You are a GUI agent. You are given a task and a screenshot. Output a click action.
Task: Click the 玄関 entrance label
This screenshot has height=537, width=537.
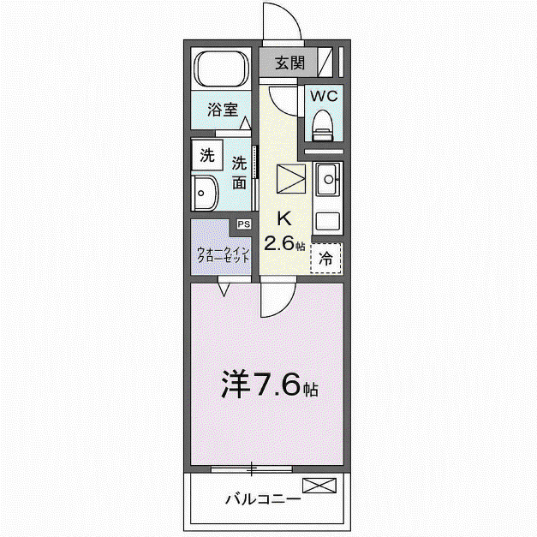coord(289,63)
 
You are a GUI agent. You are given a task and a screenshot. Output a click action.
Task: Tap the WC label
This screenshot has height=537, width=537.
coord(324,96)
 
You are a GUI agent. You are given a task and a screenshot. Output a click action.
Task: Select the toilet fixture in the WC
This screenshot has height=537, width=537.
coord(323,125)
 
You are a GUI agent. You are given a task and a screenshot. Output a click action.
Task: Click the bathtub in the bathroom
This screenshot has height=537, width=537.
coord(221,69)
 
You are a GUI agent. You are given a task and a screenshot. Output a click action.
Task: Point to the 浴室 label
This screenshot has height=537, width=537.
coord(223,110)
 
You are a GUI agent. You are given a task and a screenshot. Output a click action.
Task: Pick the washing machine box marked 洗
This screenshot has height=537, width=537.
coord(207,155)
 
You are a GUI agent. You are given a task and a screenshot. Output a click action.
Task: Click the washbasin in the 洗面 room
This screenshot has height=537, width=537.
coord(205,193)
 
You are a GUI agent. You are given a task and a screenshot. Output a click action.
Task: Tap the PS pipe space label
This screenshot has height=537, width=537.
coord(244,224)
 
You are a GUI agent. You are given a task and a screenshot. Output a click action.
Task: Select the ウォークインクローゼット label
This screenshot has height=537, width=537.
coord(223,255)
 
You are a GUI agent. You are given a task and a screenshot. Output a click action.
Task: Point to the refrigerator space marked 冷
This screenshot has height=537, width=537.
coord(325,258)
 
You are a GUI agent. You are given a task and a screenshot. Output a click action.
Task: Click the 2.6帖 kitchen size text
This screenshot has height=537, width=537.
coord(283,243)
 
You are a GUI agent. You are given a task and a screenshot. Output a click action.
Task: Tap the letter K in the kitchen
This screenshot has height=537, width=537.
coord(283,218)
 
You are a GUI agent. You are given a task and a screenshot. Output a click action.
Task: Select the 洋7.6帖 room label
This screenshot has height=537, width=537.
coord(270,384)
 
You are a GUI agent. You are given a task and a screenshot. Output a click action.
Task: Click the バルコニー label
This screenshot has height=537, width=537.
coord(262,498)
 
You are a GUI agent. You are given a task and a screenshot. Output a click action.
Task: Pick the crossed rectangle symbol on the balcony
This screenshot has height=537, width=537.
coord(319,486)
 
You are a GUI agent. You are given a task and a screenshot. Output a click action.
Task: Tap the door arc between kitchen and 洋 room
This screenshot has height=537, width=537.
coord(286,306)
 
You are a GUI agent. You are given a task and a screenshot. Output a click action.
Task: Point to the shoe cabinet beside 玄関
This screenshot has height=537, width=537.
coord(325,62)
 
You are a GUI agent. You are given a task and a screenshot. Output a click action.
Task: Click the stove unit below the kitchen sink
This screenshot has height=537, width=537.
coord(328,222)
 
